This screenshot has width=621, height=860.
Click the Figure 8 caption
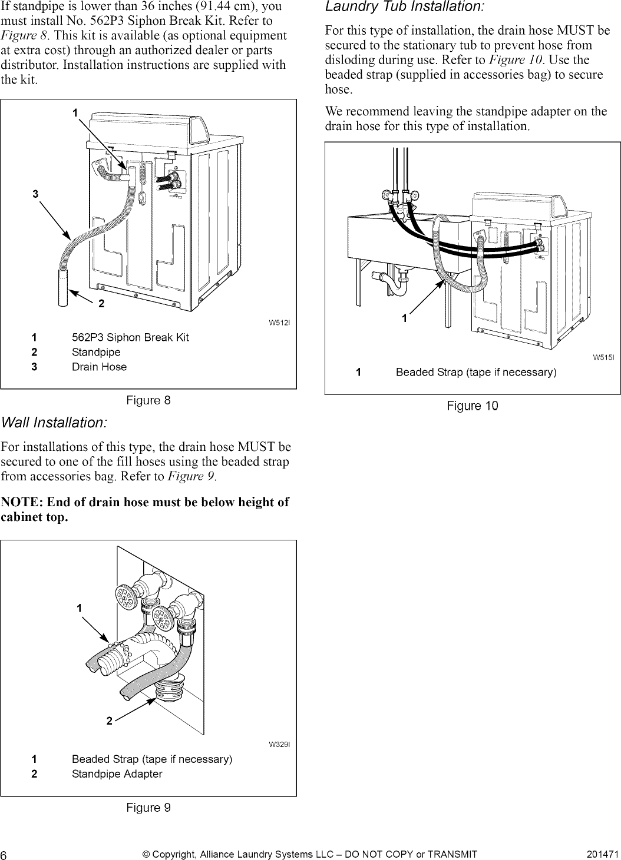(148, 401)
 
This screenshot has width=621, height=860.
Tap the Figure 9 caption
(148, 808)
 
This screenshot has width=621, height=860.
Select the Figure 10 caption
(472, 406)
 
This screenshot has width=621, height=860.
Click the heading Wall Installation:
(54, 423)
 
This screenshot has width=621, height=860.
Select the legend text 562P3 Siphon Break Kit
(130, 337)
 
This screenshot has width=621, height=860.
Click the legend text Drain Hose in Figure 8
(99, 367)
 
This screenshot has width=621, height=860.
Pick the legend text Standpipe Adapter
(117, 774)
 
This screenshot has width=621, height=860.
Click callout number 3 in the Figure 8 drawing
(35, 194)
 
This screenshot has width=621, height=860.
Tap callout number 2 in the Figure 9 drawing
(109, 722)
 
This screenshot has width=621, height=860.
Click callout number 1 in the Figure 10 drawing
(404, 318)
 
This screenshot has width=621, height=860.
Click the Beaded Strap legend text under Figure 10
(475, 373)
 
